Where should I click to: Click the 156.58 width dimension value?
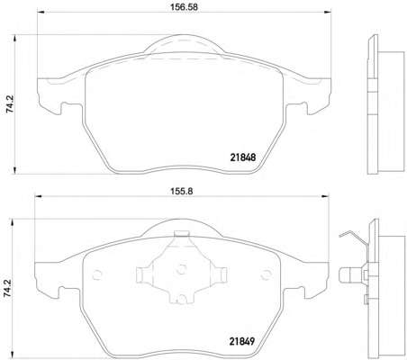click(x=184, y=7)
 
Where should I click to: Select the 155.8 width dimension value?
click(x=182, y=191)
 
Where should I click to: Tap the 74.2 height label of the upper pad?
click(x=10, y=104)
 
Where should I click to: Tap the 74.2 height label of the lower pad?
click(x=7, y=288)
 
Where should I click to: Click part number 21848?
click(x=243, y=157)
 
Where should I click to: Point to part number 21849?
click(x=242, y=341)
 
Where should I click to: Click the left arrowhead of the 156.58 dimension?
click(x=41, y=12)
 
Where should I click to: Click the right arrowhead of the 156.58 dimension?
click(x=328, y=12)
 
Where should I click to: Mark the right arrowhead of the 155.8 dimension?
click(x=325, y=196)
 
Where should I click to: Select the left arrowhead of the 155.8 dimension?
click(x=39, y=196)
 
